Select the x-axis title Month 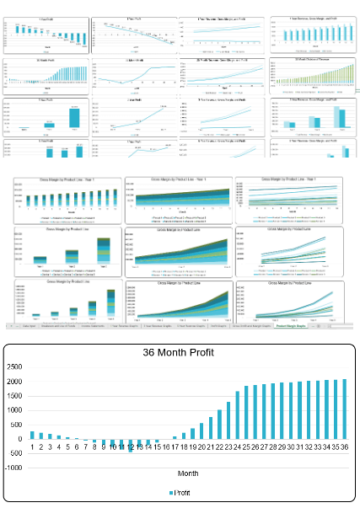[x=187, y=473]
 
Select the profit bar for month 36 [x=343, y=409]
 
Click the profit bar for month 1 [x=32, y=435]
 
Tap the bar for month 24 [x=238, y=416]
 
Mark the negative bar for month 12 [x=130, y=442]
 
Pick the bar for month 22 [x=220, y=425]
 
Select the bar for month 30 [x=290, y=411]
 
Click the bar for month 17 [x=175, y=437]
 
